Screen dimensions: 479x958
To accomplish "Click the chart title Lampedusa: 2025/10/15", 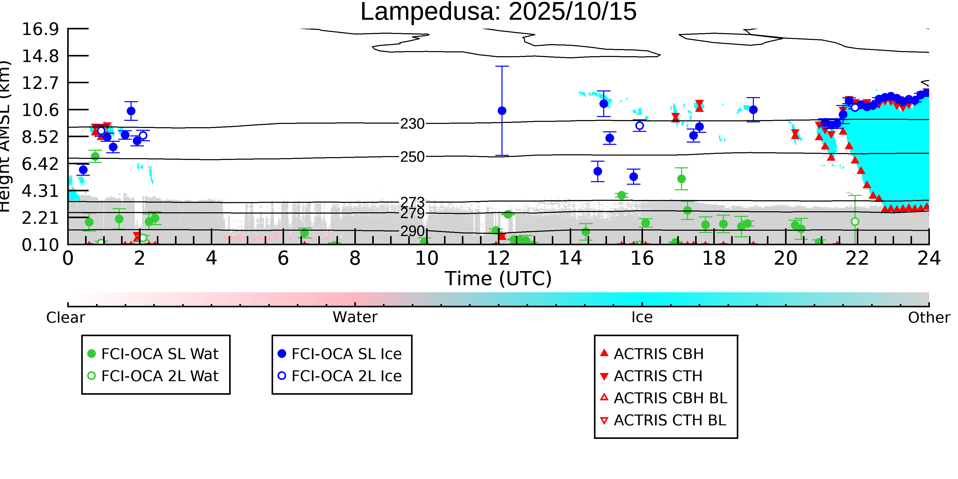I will [498, 12].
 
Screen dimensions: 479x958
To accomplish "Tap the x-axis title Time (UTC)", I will [498, 278].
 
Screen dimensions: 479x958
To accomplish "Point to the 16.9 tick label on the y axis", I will [40, 29].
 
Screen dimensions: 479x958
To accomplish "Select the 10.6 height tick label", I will [40, 110].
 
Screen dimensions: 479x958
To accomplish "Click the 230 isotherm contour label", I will [412, 124].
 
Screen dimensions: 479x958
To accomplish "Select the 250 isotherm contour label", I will [412, 157].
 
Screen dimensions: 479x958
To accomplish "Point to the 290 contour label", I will [412, 231].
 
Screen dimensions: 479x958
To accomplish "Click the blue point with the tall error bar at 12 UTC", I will [502, 111].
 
